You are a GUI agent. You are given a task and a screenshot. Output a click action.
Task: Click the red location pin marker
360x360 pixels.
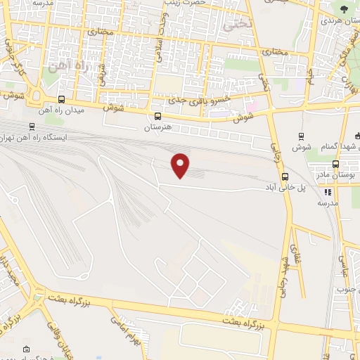pyautogui.click(x=181, y=165)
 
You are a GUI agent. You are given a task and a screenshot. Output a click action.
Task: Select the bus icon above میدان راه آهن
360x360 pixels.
pyautogui.click(x=62, y=99)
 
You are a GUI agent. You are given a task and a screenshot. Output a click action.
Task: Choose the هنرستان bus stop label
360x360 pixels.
pyautogui.click(x=158, y=129)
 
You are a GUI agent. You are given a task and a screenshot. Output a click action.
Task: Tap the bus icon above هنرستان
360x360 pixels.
pyautogui.click(x=157, y=116)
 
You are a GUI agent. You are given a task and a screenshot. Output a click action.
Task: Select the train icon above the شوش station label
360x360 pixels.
pyautogui.click(x=302, y=136)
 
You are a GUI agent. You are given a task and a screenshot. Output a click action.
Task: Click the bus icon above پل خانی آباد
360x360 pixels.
pyautogui.click(x=285, y=176)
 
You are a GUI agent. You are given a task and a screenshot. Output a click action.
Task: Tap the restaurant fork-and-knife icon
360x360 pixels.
pyautogui.click(x=327, y=191)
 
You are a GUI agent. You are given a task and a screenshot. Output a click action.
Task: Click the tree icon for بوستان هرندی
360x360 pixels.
pyautogui.click(x=344, y=9)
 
